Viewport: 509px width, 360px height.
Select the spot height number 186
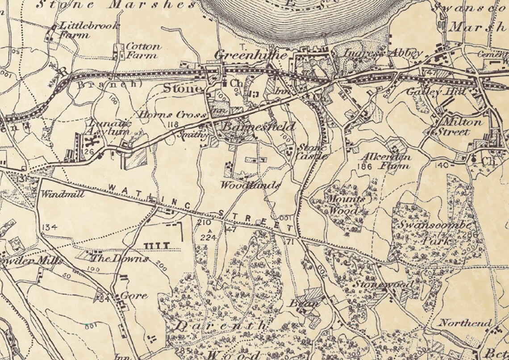(x=365, y=166)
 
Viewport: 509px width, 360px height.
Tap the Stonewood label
(x=384, y=284)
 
